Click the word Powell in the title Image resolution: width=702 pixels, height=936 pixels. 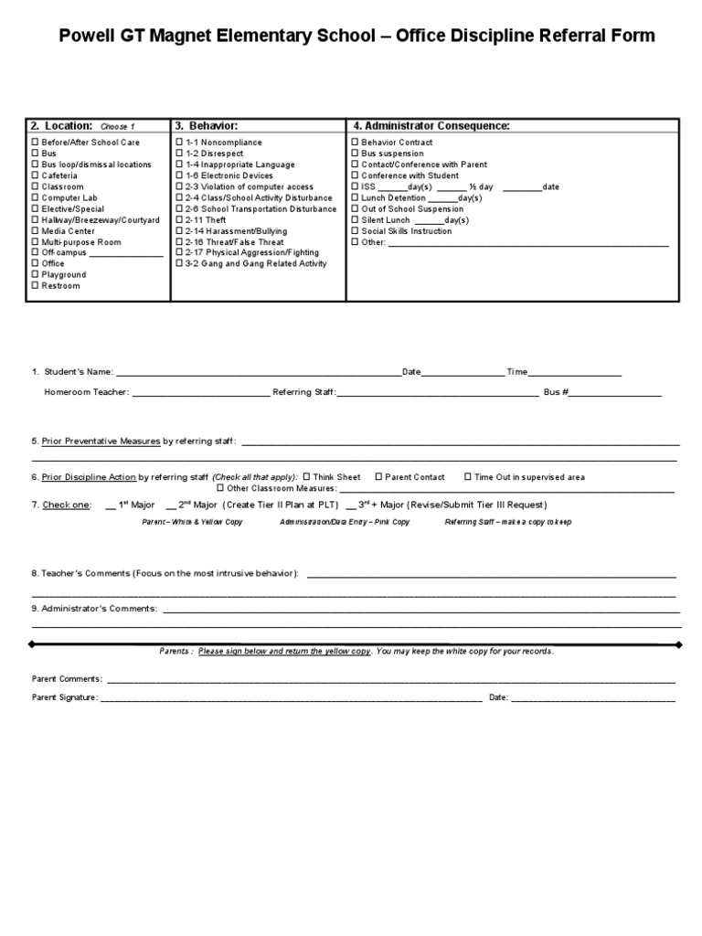(x=90, y=37)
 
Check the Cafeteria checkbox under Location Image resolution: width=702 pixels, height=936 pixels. (x=36, y=175)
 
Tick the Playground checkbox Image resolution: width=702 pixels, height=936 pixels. (x=36, y=274)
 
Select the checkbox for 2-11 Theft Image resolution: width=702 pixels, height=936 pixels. (x=179, y=219)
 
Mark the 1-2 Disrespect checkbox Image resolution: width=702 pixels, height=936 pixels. (x=179, y=154)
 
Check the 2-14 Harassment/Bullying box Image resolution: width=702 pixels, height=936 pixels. (x=179, y=230)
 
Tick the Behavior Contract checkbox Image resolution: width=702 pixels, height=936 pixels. (x=356, y=143)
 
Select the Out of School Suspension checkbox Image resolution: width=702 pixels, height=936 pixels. (x=356, y=208)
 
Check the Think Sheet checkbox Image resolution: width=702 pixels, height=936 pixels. (x=306, y=476)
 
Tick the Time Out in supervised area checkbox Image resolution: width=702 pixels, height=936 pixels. (x=468, y=476)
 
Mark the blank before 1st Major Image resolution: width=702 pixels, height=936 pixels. (x=111, y=505)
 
